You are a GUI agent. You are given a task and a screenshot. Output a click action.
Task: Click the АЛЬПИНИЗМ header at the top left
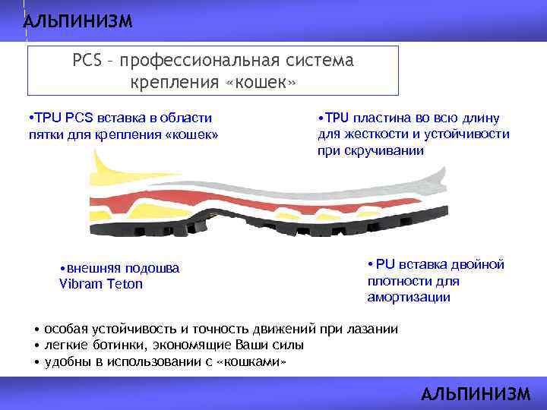[x=77, y=21]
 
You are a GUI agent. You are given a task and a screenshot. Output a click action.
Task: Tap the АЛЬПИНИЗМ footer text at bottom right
[x=476, y=393]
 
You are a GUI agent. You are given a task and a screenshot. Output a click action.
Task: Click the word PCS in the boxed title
[x=87, y=60]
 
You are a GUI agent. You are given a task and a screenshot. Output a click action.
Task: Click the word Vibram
[x=79, y=284]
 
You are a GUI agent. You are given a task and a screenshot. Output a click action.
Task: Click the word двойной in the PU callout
[x=479, y=264]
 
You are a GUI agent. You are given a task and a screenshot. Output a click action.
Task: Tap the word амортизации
[x=408, y=297]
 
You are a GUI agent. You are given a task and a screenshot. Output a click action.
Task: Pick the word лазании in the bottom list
[x=372, y=328]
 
